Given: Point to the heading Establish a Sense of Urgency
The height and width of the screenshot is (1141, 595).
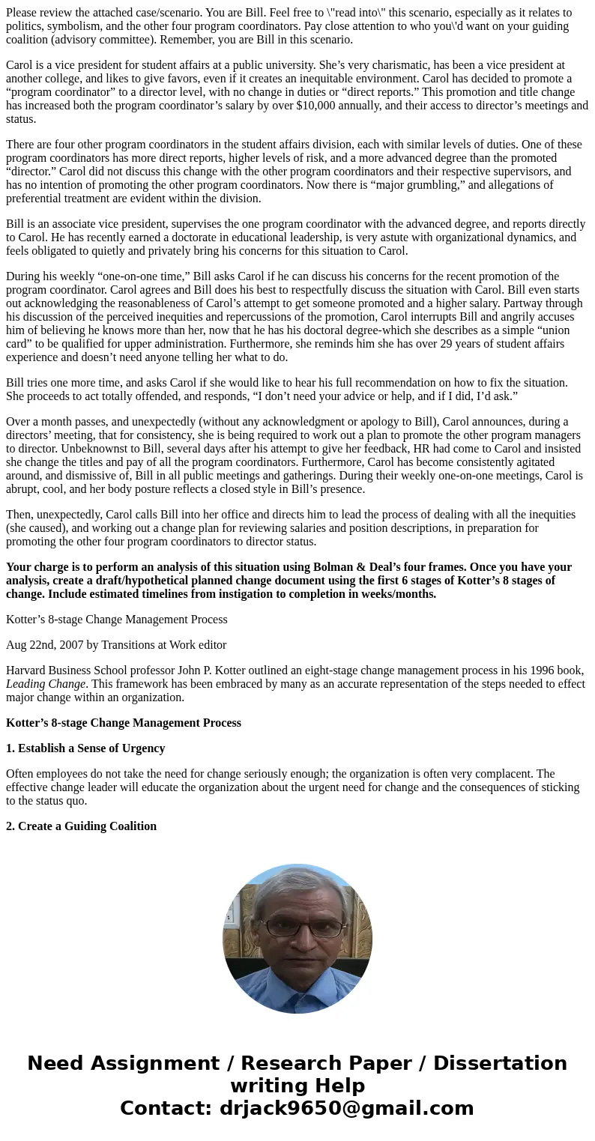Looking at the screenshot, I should pyautogui.click(x=91, y=748).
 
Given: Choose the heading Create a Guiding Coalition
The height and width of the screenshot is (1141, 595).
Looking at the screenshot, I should pyautogui.click(x=87, y=826).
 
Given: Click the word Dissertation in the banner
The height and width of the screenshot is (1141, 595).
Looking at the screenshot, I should pyautogui.click(x=500, y=1064).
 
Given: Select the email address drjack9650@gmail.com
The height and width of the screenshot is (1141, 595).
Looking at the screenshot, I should pyautogui.click(x=346, y=1109).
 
